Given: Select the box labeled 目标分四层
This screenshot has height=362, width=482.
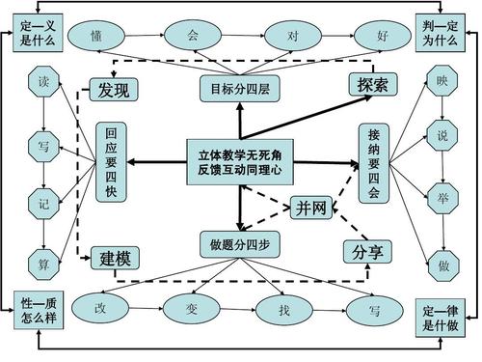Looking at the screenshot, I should [240, 91].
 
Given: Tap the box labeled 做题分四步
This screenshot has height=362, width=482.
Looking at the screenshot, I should [240, 243].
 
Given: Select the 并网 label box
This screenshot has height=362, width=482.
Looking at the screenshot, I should [311, 207].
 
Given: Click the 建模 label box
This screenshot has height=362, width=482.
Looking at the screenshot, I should [115, 258].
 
